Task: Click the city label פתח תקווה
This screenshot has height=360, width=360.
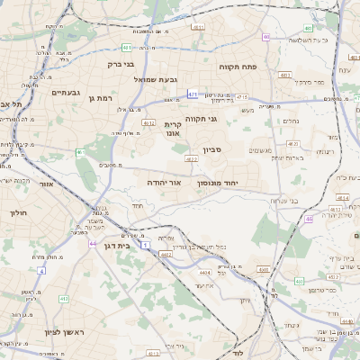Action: coord(238,67)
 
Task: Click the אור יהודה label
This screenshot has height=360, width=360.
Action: coord(164,182)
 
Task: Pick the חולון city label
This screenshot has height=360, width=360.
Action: coord(19,213)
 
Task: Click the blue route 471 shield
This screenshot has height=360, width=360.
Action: coord(193,93)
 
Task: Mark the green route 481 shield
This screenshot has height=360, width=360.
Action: coord(128,47)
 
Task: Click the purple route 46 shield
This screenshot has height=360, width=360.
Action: coord(309,219)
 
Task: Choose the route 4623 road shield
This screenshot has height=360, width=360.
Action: coord(191,158)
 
